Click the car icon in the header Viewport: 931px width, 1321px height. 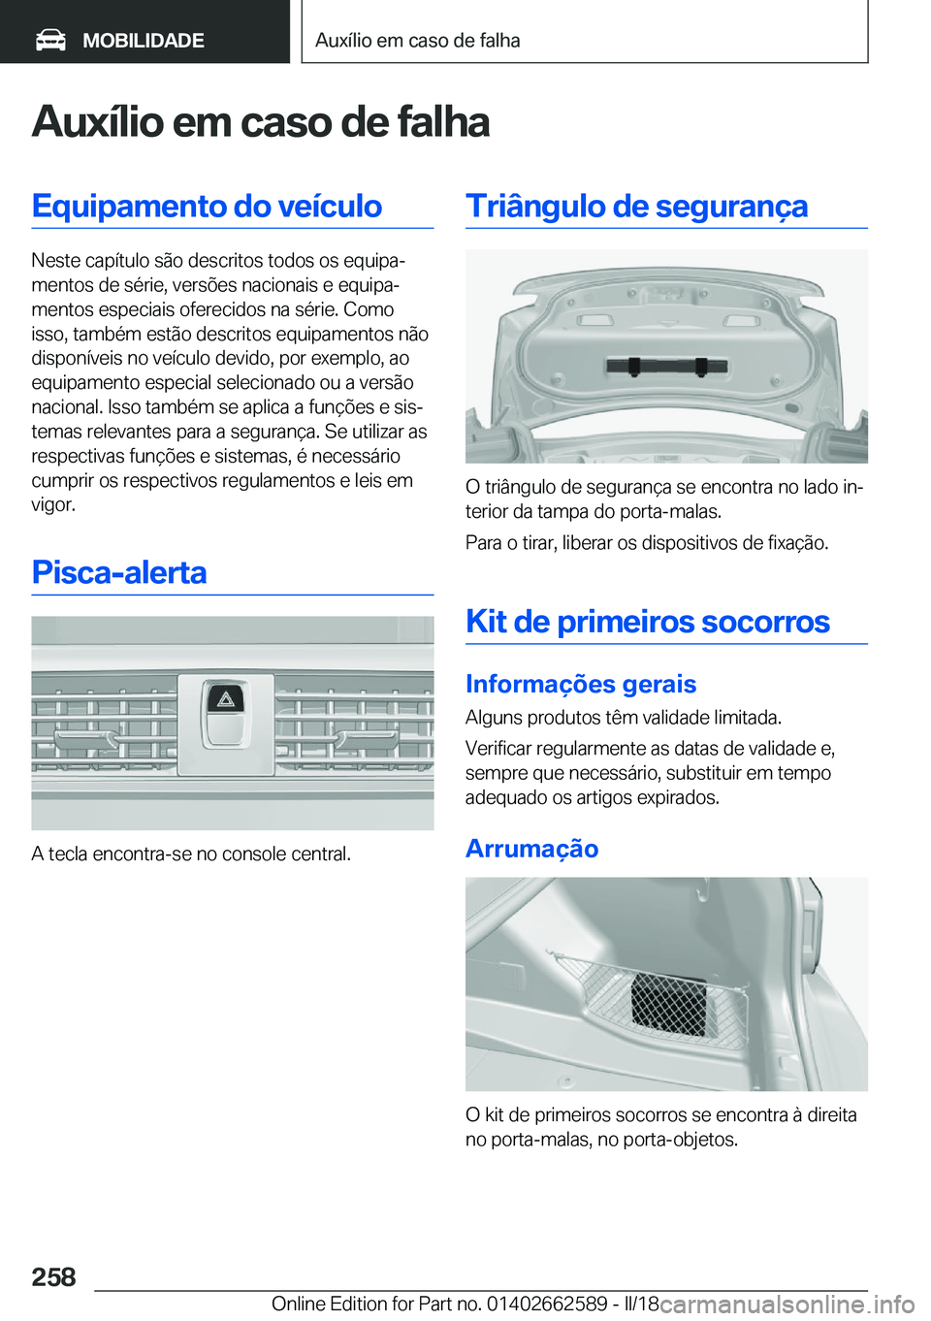(50, 40)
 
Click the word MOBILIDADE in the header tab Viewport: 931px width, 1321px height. (144, 41)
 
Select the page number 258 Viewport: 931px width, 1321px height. (53, 1276)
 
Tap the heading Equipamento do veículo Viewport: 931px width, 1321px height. (207, 206)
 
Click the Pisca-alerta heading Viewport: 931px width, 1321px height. (119, 572)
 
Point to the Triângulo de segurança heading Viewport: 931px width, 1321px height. (636, 206)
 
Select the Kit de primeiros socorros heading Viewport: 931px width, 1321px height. (647, 621)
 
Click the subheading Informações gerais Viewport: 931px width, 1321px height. (580, 684)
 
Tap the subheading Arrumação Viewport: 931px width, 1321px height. (531, 849)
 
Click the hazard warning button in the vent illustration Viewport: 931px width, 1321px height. (225, 710)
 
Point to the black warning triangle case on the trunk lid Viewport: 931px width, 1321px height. (666, 366)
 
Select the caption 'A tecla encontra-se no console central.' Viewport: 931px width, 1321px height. (191, 854)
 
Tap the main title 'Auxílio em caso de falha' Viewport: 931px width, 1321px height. (260, 122)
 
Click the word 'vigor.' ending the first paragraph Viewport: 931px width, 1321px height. (53, 504)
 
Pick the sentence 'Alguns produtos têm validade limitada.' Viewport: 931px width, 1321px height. (623, 718)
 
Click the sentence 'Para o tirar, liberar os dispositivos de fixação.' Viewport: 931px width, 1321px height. (646, 542)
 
